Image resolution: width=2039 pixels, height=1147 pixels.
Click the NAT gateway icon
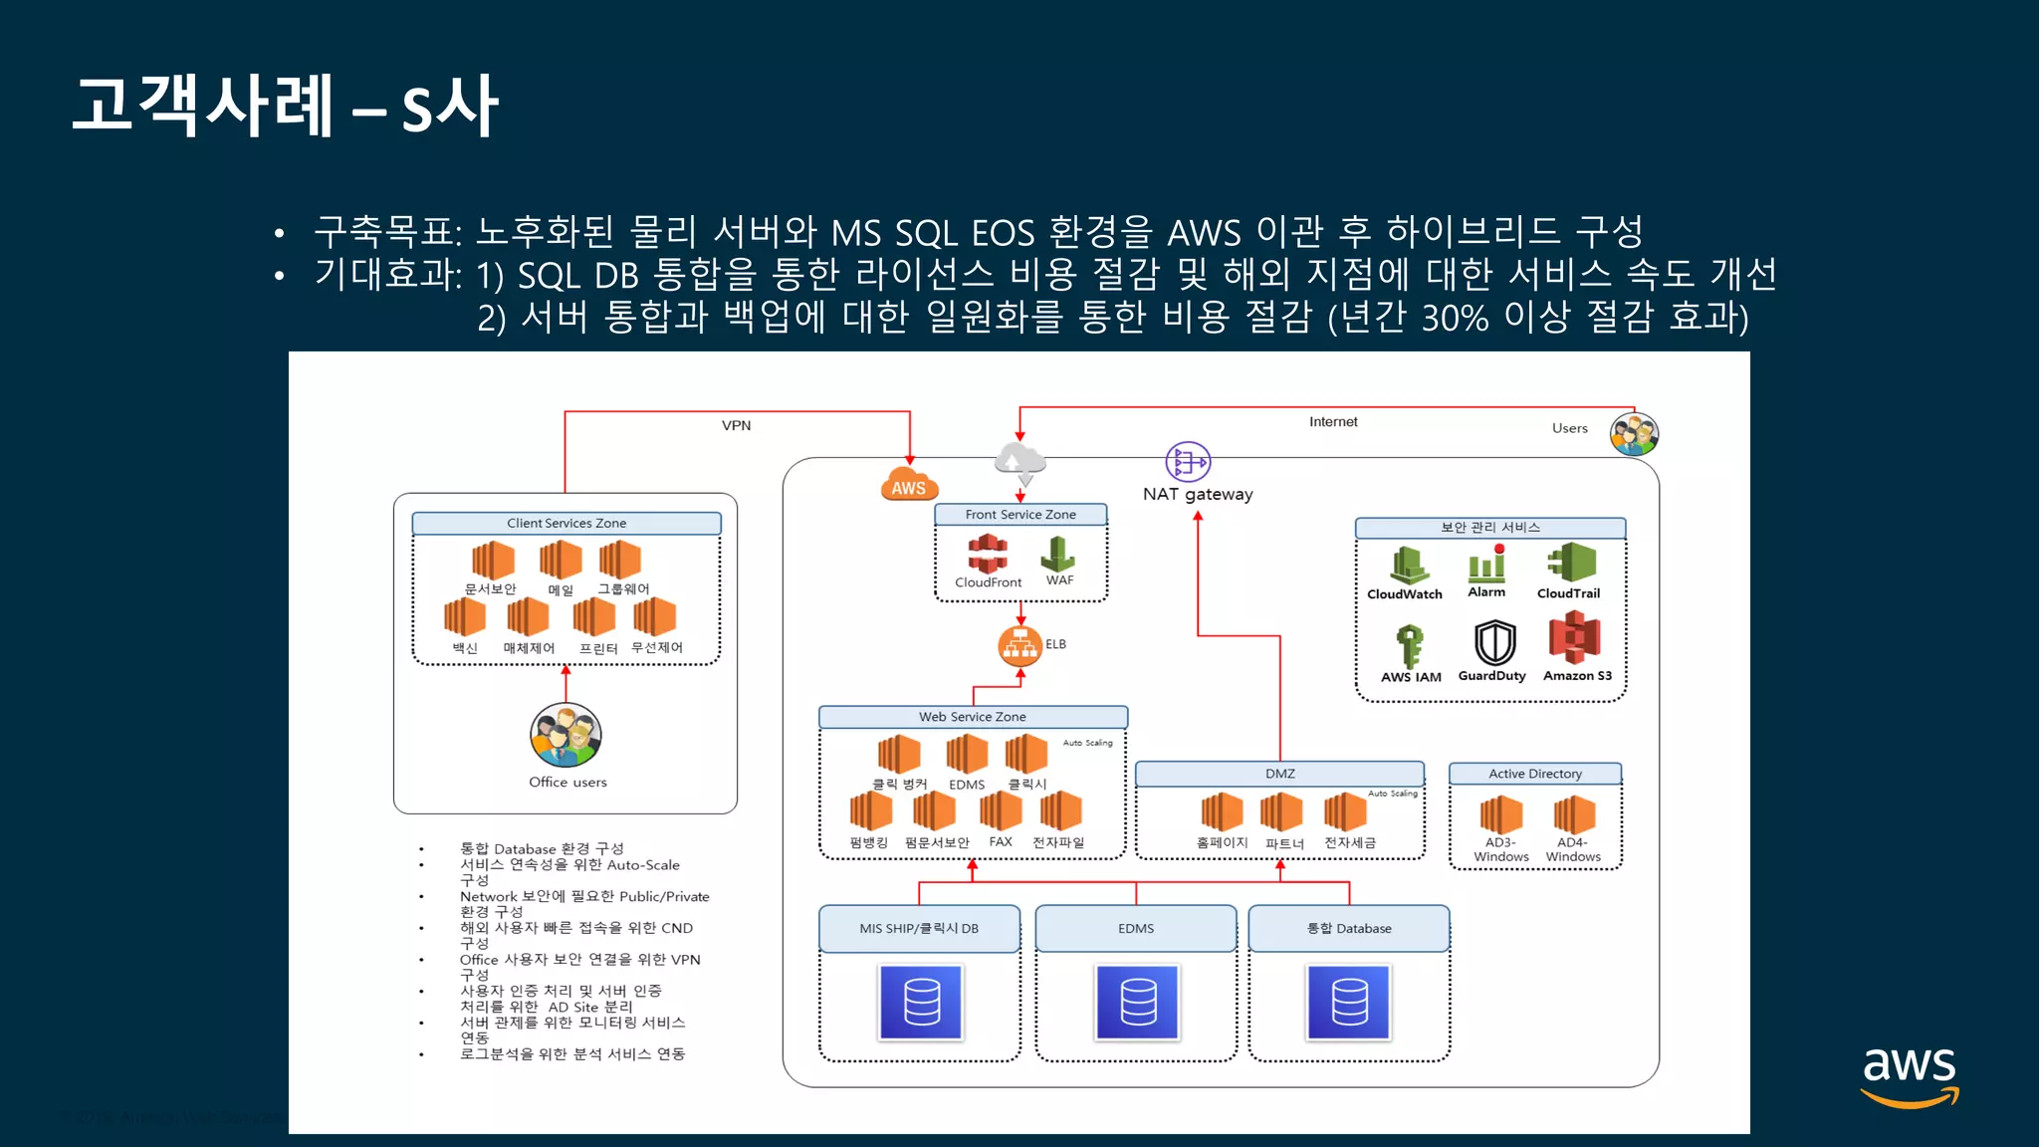click(1188, 462)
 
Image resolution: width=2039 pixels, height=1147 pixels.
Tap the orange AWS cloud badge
click(908, 485)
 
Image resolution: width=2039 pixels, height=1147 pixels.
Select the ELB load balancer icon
click(1019, 645)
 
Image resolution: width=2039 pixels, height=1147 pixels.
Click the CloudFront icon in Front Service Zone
click(988, 554)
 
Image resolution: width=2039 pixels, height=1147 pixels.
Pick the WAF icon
click(1058, 554)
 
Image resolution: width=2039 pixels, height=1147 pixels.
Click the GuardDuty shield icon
click(1494, 643)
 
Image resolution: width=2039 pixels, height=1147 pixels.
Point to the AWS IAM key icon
click(1409, 646)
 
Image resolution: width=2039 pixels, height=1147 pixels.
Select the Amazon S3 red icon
click(1574, 638)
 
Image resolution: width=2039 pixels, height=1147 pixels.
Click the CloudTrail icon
click(1571, 563)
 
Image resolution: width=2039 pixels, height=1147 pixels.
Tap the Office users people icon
click(566, 736)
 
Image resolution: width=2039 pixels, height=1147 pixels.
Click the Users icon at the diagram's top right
click(1634, 434)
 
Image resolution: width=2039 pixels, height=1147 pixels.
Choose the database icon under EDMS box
click(1137, 1002)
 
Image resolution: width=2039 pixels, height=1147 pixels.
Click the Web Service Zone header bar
click(973, 717)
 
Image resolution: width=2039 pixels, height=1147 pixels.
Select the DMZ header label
click(1279, 774)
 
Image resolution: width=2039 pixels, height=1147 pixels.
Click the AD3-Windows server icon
click(1500, 815)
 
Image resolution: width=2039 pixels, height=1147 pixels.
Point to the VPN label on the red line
click(737, 425)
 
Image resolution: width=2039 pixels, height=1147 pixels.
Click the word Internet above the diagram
click(1333, 422)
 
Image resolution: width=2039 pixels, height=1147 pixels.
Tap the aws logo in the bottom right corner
click(1909, 1075)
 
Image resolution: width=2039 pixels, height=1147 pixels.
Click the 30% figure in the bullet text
click(1455, 318)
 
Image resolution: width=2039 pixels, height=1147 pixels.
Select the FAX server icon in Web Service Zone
click(1000, 811)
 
